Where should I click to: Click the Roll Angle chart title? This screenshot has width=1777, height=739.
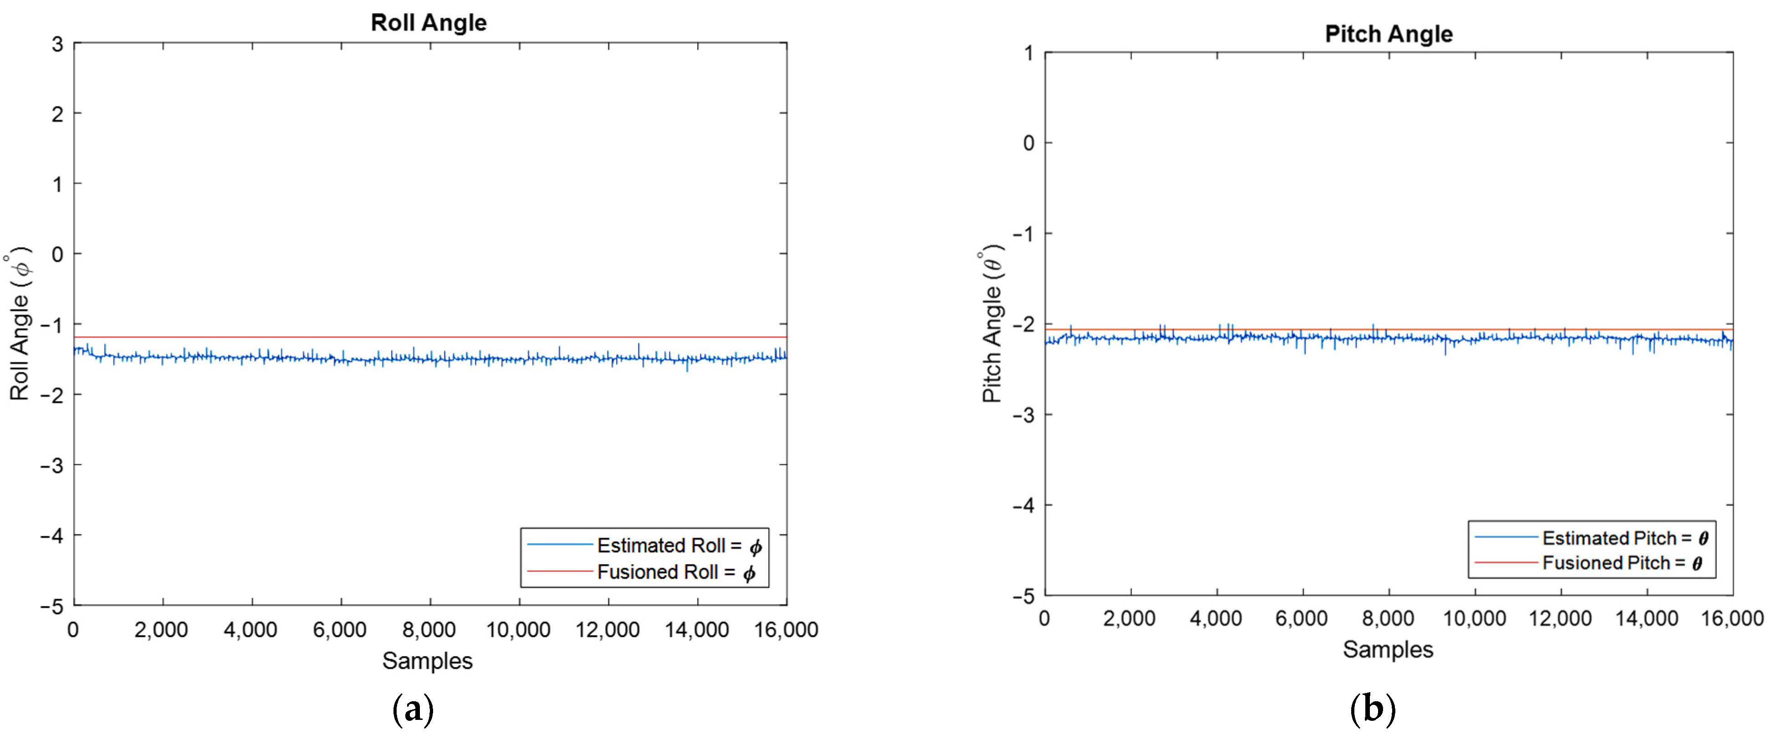(x=429, y=23)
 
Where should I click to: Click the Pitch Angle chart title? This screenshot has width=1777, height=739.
(x=1388, y=34)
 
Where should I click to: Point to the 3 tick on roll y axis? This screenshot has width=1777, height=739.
(x=57, y=45)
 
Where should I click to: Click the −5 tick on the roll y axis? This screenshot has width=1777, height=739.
(x=52, y=607)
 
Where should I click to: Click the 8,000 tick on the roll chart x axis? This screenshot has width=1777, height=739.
(x=429, y=629)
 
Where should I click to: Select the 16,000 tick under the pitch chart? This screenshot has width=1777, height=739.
(x=1731, y=618)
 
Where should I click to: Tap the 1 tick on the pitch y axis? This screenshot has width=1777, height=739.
(x=1028, y=53)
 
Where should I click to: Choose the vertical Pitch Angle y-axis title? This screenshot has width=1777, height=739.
(x=992, y=324)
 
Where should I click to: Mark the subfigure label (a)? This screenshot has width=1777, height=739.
(x=413, y=709)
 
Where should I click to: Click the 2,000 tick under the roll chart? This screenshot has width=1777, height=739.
(x=161, y=629)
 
